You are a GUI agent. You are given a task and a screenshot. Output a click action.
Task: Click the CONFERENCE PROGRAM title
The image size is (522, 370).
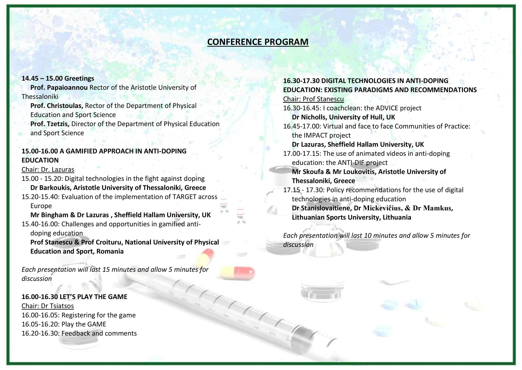tap(258, 42)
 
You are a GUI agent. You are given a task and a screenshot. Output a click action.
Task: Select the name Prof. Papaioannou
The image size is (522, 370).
tap(59, 87)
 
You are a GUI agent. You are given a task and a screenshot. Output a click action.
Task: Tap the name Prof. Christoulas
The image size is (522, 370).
tap(57, 106)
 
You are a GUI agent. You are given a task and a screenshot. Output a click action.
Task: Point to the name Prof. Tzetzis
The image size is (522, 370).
tap(50, 124)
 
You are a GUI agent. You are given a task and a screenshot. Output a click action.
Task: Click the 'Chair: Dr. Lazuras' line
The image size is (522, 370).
tap(48, 169)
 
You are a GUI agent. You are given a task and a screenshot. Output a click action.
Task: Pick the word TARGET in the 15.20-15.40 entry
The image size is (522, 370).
tap(192, 197)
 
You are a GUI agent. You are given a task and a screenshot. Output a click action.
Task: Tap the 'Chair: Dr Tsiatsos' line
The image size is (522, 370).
tap(48, 306)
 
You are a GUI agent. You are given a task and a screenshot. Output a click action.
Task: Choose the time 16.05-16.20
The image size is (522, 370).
tap(40, 324)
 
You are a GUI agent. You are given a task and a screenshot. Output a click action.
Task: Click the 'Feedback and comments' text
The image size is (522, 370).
tap(99, 333)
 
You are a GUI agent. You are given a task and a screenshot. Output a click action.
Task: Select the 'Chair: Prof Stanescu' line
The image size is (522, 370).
tap(313, 99)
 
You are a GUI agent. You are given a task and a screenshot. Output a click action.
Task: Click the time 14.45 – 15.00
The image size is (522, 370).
tap(42, 78)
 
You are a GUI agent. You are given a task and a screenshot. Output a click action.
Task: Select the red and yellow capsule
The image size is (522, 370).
tap(237, 272)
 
